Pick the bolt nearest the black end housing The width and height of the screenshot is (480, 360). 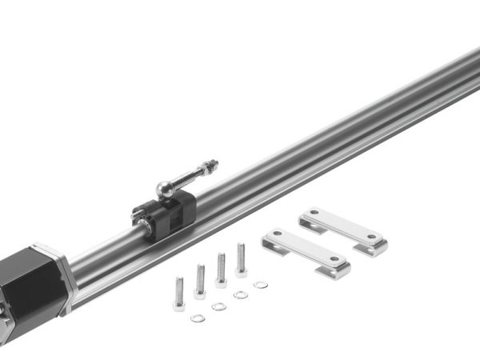coord(178,294)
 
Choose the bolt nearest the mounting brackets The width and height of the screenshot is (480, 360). coord(241,261)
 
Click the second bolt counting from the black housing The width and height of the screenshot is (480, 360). coord(200,282)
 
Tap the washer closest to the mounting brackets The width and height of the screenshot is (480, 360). coord(260,285)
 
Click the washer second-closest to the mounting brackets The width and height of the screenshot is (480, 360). coord(240,295)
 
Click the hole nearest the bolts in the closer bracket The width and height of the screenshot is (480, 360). coord(275,236)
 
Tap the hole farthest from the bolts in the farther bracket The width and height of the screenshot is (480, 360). coord(372,237)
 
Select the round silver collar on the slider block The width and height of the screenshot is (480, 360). coord(149,227)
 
